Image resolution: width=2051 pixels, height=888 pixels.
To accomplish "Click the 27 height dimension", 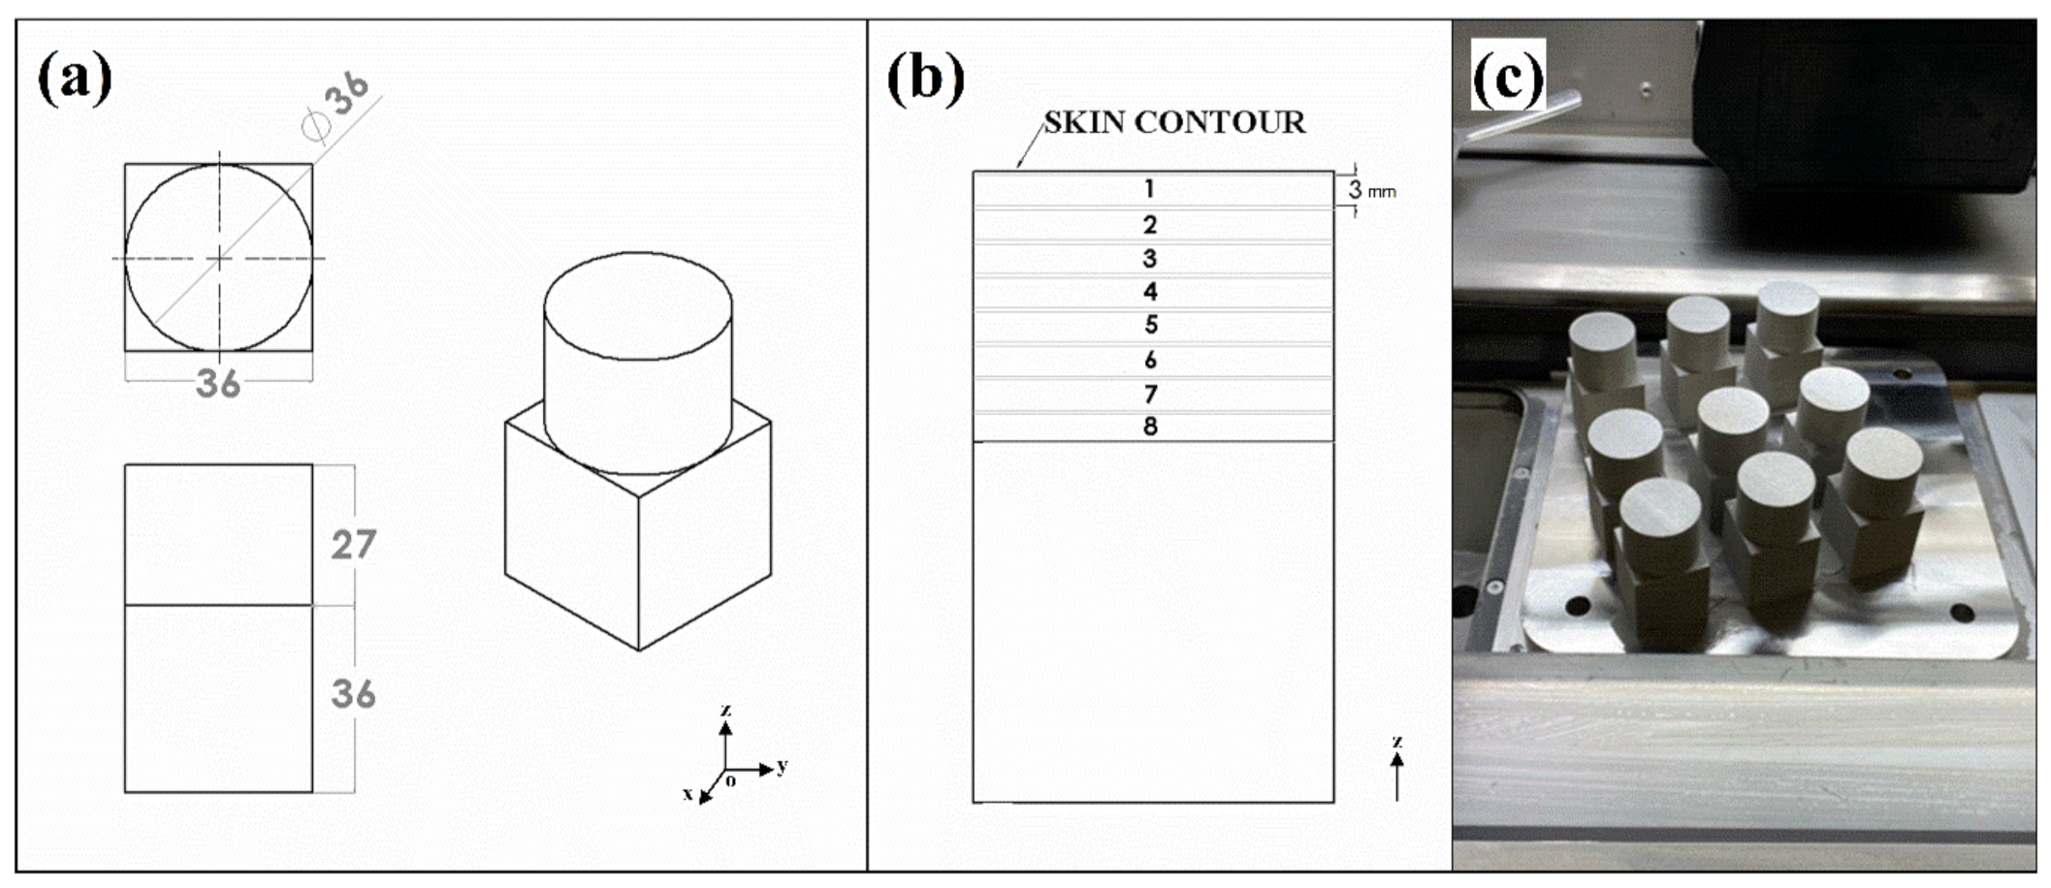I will [x=353, y=545].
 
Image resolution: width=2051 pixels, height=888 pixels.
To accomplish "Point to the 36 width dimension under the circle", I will [x=218, y=384].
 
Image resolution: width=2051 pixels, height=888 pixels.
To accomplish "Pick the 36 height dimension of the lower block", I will [x=353, y=694].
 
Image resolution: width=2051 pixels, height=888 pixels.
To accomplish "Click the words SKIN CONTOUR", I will [x=1174, y=122].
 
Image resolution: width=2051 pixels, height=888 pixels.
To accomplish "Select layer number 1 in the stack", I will [x=1149, y=189].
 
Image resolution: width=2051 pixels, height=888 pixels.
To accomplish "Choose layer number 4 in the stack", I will [x=1150, y=292].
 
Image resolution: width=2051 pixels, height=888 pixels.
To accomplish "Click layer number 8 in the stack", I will [x=1150, y=427].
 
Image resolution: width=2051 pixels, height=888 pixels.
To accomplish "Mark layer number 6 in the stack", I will [x=1150, y=360].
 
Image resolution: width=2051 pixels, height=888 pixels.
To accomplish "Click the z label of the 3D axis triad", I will [x=725, y=711].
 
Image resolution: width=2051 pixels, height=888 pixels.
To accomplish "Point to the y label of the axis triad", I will [x=783, y=765].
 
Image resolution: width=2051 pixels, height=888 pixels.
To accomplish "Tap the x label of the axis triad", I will [x=689, y=794].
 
